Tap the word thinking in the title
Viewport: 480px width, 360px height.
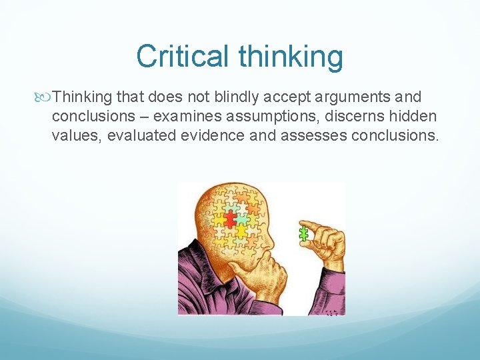point(291,57)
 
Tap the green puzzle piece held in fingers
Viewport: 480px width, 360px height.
point(304,233)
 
